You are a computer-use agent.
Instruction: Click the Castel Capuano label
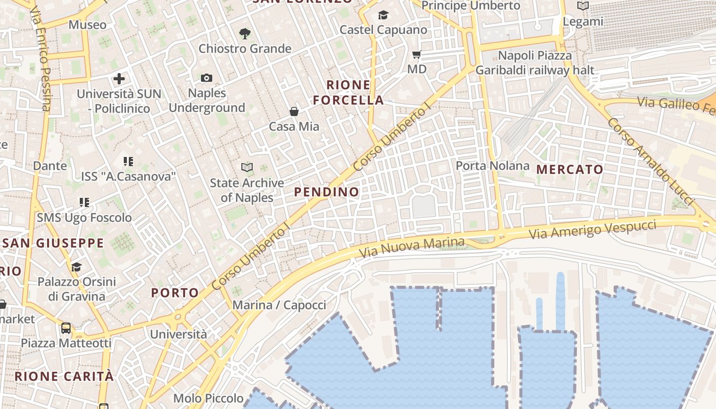383,30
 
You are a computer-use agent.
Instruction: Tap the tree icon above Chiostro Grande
245,34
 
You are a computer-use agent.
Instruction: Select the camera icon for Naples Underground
207,78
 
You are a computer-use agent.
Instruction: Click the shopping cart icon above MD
417,54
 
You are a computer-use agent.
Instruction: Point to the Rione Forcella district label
348,93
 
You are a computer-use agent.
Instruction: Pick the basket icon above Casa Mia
294,111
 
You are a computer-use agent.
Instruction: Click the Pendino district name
326,192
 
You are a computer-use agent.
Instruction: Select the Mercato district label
570,169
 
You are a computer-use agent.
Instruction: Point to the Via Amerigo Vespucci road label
592,230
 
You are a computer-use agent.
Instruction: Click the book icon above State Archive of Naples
247,167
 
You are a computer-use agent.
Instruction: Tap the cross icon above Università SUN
119,79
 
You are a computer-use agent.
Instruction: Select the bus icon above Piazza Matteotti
66,328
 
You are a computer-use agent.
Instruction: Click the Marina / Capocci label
279,305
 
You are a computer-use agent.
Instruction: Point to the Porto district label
175,293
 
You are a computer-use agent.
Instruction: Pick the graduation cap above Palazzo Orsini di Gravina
77,267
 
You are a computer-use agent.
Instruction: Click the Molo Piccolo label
208,398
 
